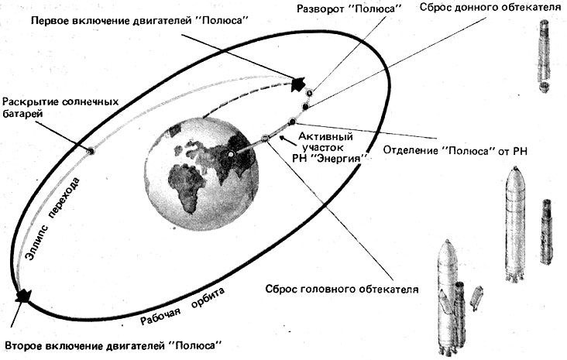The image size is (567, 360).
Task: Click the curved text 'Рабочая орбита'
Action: tap(183, 307)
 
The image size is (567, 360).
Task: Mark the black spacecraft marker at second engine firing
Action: tap(23, 296)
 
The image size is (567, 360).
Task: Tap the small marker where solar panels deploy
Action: tap(91, 150)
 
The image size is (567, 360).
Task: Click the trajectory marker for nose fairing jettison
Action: tap(265, 138)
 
